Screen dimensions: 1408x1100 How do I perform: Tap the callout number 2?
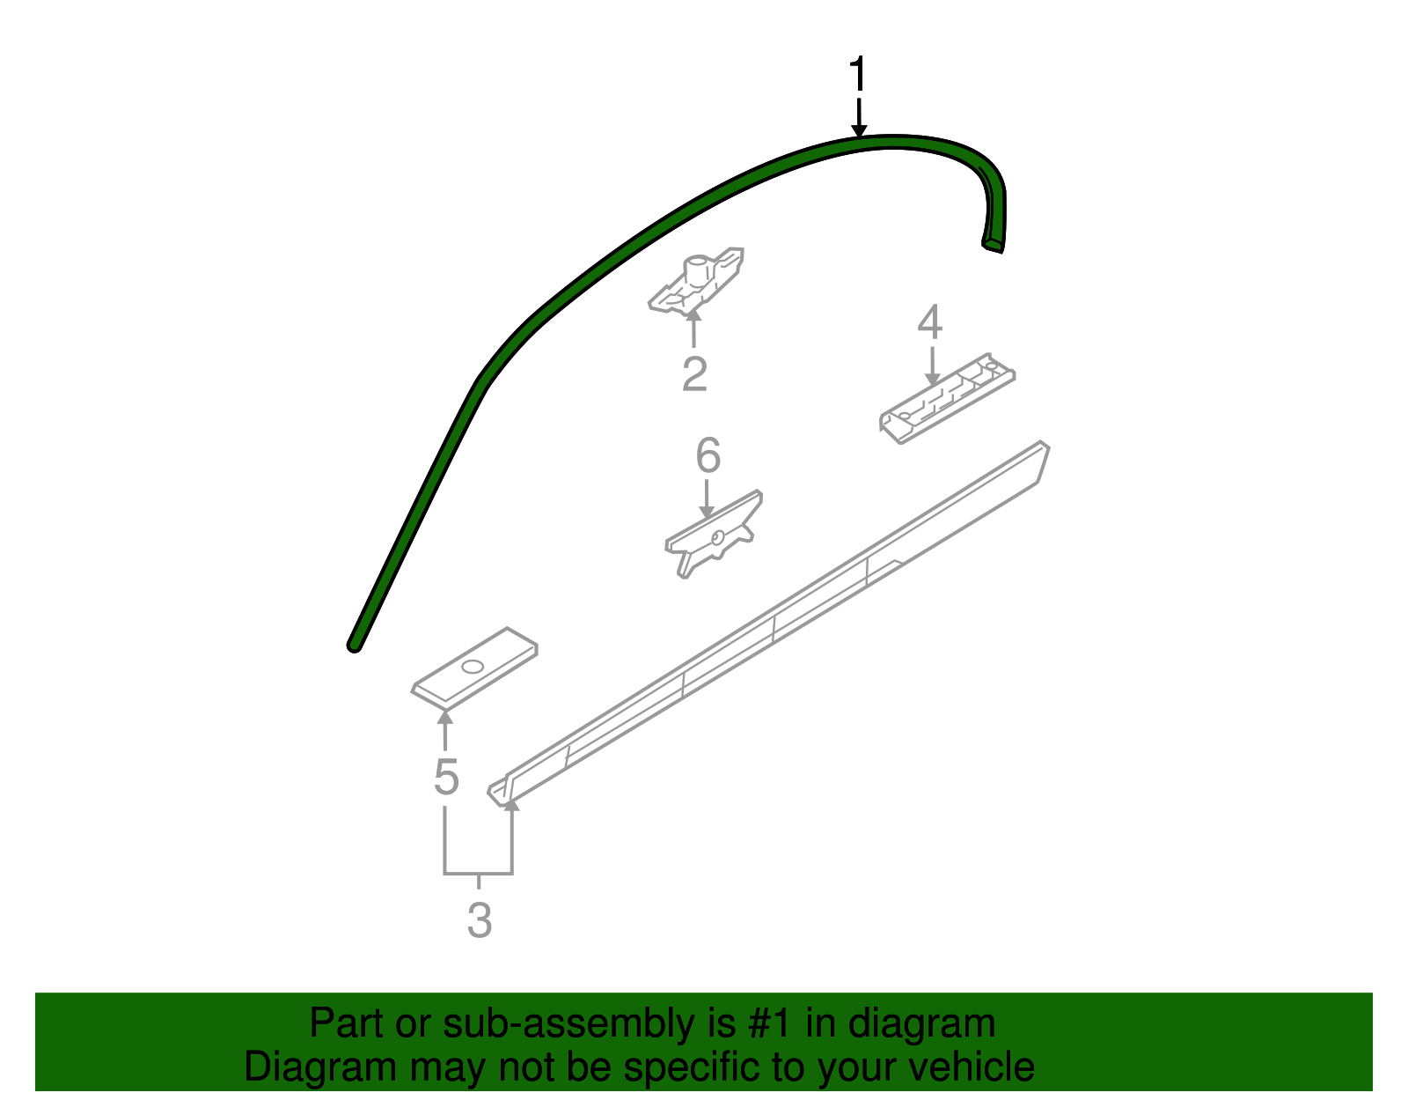tap(694, 373)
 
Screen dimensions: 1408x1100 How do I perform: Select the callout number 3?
tap(480, 919)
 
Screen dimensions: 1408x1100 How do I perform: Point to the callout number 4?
tap(930, 322)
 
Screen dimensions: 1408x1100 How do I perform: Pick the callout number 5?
tap(446, 777)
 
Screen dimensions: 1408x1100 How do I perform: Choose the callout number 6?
tap(708, 455)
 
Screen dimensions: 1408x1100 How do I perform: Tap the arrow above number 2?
tap(694, 328)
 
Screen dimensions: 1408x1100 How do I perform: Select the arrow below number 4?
tap(932, 366)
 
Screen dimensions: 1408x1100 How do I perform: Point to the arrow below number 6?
tap(707, 498)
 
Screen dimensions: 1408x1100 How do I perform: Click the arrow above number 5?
tap(445, 730)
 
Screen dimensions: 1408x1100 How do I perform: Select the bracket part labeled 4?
tap(947, 398)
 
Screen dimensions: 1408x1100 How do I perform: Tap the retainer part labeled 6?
tap(714, 534)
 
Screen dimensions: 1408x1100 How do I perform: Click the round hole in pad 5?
tap(473, 667)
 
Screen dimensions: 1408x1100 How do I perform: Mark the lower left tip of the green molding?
tap(354, 646)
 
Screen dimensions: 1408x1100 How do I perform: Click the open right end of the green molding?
tap(992, 246)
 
